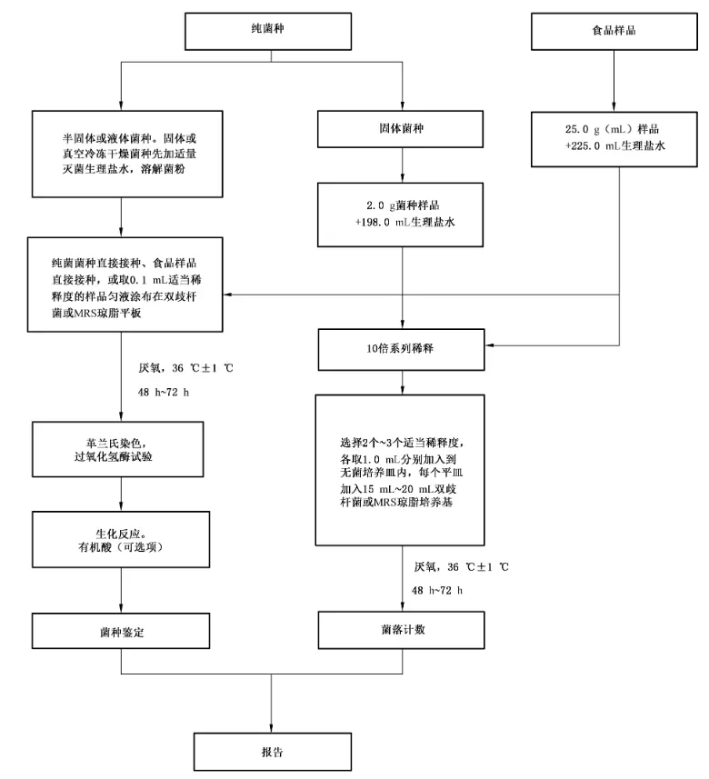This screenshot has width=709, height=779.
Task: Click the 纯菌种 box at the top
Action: pyautogui.click(x=275, y=30)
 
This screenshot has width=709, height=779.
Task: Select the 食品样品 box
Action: pyautogui.click(x=614, y=30)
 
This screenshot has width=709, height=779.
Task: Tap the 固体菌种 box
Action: pyautogui.click(x=403, y=129)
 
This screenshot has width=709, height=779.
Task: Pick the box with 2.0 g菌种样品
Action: pyautogui.click(x=403, y=215)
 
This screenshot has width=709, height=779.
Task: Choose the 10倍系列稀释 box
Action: pyautogui.click(x=403, y=346)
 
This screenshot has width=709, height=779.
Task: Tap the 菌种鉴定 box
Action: pyautogui.click(x=123, y=629)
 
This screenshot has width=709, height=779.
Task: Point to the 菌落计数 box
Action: pyautogui.click(x=403, y=628)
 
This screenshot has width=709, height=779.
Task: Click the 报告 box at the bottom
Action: pyautogui.click(x=272, y=752)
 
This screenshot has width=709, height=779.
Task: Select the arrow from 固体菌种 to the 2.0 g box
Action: pyautogui.click(x=403, y=165)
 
